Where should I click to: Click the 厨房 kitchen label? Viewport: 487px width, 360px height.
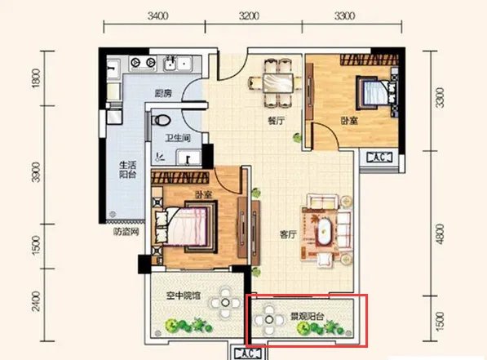[163, 93]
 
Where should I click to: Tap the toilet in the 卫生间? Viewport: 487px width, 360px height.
[161, 120]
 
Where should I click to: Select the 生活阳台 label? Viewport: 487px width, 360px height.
[127, 170]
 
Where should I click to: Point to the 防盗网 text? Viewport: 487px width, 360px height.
[126, 232]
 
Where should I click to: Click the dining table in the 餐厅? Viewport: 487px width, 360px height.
[277, 83]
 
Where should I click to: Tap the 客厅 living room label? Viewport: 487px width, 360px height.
[289, 234]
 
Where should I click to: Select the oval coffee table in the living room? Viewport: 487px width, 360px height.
[325, 231]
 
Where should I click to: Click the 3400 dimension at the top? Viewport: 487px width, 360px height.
[157, 16]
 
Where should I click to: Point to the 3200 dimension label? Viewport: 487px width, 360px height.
[249, 16]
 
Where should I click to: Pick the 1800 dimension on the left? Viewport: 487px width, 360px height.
[36, 78]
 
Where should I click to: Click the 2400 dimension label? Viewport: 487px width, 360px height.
[36, 301]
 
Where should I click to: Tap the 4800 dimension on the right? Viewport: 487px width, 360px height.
[440, 234]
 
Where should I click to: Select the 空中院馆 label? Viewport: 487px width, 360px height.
[184, 296]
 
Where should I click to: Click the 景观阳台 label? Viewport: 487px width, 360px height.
[308, 317]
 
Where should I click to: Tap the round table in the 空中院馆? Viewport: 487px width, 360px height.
[226, 303]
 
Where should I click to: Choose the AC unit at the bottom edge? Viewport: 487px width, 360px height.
[248, 353]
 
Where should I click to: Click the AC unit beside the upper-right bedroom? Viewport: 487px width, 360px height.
[379, 158]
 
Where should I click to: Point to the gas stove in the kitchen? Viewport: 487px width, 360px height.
[143, 63]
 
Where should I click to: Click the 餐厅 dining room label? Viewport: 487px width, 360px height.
[276, 121]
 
